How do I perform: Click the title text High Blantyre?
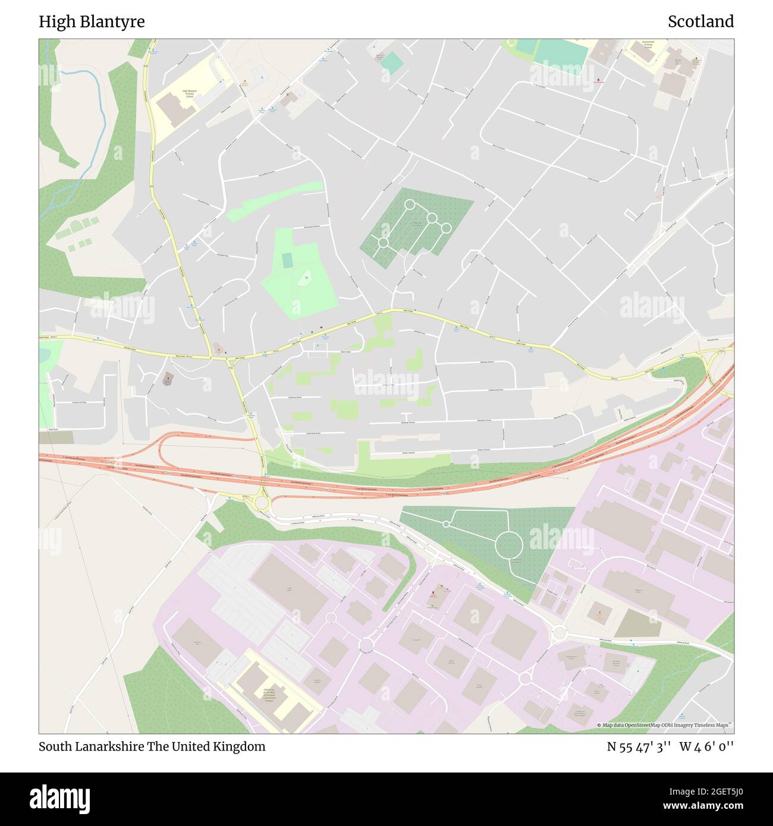pyautogui.click(x=92, y=21)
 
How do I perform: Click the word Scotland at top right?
pyautogui.click(x=700, y=21)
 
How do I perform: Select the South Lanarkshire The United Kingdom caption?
pyautogui.click(x=152, y=746)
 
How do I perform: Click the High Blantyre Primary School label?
pyautogui.click(x=189, y=93)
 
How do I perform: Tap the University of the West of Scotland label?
pyautogui.click(x=269, y=695)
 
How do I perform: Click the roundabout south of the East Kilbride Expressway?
pyautogui.click(x=262, y=503)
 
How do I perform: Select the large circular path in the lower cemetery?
pyautogui.click(x=509, y=544)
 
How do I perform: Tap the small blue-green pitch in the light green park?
pyautogui.click(x=287, y=260)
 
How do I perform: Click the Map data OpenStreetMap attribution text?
pyautogui.click(x=665, y=725)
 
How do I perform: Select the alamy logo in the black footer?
pyautogui.click(x=59, y=798)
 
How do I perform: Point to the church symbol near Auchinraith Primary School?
pyautogui.click(x=599, y=78)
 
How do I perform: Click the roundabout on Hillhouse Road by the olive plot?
pyautogui.click(x=558, y=633)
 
